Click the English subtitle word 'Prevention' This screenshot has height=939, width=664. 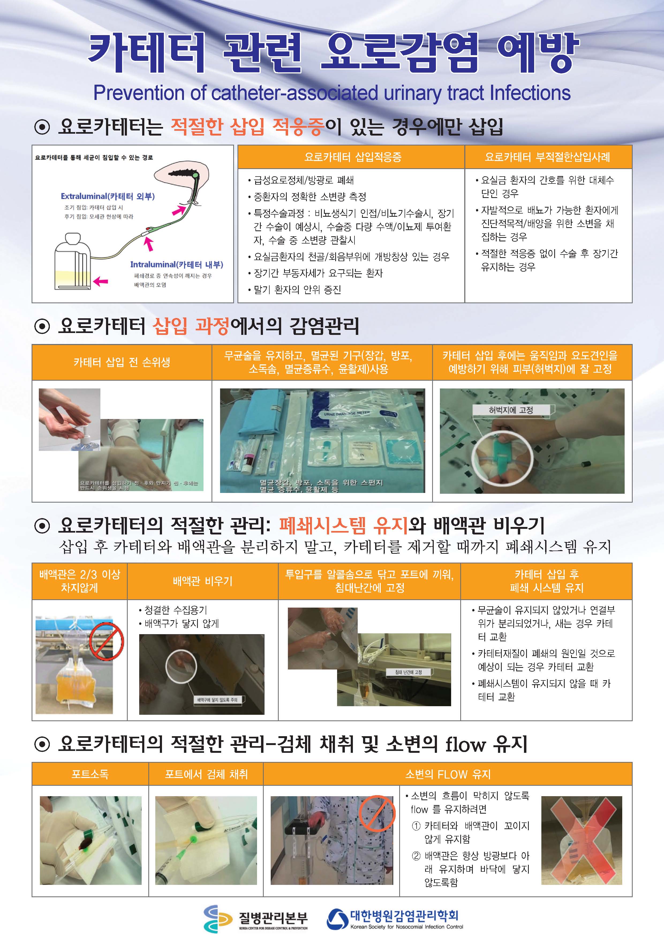pyautogui.click(x=139, y=93)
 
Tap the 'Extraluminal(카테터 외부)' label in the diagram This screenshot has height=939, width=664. pyautogui.click(x=108, y=196)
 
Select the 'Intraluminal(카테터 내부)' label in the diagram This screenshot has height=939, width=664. pyautogui.click(x=177, y=264)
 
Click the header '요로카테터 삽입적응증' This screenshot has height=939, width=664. pyautogui.click(x=352, y=157)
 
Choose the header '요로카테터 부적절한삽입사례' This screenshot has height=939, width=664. pyautogui.click(x=548, y=157)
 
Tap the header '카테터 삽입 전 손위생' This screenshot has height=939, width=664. pyautogui.click(x=122, y=362)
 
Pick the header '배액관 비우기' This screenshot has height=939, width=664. pyautogui.click(x=202, y=581)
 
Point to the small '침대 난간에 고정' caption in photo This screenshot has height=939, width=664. pyautogui.click(x=408, y=672)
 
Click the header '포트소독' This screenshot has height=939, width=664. pyautogui.click(x=90, y=774)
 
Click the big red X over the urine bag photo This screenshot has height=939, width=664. pyautogui.click(x=582, y=841)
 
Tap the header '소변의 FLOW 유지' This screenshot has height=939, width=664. pyautogui.click(x=447, y=774)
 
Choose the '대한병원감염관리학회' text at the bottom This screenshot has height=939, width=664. pyautogui.click(x=404, y=915)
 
